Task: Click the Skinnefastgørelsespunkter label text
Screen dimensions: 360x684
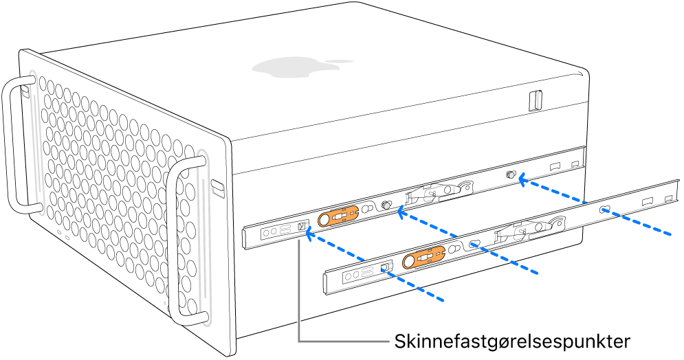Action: click(511, 341)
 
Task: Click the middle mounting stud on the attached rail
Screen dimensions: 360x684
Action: click(386, 205)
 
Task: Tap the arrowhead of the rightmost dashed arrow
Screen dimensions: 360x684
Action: click(522, 181)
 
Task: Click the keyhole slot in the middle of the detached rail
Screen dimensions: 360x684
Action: click(474, 244)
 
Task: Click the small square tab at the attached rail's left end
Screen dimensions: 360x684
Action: click(301, 225)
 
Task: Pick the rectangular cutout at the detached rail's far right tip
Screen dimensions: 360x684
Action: click(668, 199)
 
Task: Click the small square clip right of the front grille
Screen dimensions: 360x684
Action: click(217, 185)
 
